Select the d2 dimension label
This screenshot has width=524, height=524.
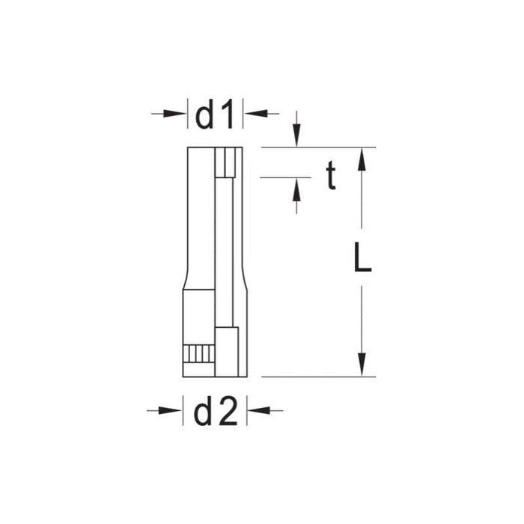216,411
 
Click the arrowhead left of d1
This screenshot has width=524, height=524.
178,114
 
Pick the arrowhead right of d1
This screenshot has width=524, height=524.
254,114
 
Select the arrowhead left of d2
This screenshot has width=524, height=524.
174,410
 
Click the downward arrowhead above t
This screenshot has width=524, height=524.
297,139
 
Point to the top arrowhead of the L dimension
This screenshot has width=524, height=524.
362,156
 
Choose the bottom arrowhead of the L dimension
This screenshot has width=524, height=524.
362,367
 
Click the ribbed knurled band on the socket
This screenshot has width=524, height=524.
199,353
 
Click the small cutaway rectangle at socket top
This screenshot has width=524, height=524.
227,162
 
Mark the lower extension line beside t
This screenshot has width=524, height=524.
284,177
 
